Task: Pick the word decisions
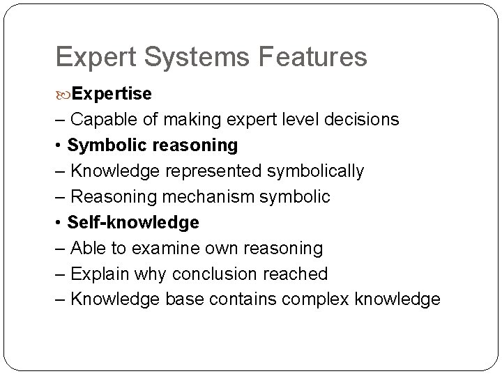click(x=360, y=120)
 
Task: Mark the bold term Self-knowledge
click(x=133, y=223)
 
